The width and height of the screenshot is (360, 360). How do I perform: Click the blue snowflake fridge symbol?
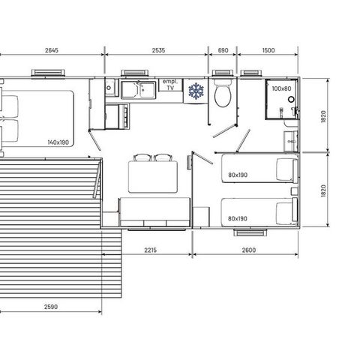[196, 91]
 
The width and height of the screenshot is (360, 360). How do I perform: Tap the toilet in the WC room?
[223, 93]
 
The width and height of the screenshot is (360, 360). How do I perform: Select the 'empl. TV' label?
[170, 85]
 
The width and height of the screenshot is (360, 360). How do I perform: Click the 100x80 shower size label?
[281, 88]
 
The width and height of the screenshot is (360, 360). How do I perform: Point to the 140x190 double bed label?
[58, 142]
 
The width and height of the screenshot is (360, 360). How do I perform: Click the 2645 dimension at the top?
[52, 50]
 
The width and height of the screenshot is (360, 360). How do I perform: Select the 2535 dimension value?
[158, 50]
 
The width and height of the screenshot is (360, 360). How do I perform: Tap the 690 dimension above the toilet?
[223, 50]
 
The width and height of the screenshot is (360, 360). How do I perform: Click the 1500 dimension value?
[268, 50]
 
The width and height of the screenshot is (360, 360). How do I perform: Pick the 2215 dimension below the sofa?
[151, 250]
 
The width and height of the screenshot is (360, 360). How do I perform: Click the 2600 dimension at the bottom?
[249, 250]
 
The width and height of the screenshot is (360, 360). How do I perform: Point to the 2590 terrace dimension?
[51, 307]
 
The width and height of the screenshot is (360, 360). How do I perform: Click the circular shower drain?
[291, 99]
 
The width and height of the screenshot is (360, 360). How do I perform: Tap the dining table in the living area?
[153, 177]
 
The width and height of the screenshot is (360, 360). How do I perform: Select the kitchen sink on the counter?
[139, 90]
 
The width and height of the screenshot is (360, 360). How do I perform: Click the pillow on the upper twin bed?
[286, 171]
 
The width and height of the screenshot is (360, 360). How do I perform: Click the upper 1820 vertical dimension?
[323, 116]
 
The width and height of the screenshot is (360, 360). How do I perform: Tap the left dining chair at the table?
[142, 157]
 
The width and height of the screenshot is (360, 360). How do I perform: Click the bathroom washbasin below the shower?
[291, 142]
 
